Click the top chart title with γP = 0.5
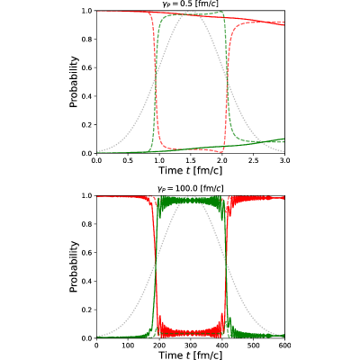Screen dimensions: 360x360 pos(191,4)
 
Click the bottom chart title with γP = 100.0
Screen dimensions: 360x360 pos(191,188)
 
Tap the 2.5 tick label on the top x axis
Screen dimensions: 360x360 pos(254,160)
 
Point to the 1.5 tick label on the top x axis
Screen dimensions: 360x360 pos(191,160)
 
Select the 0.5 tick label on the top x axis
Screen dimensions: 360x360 pos(128,160)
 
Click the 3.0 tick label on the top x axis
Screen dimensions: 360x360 pos(284,160)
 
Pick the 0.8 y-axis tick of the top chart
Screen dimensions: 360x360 pos(87,40)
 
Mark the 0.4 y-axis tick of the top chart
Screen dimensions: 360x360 pos(87,96)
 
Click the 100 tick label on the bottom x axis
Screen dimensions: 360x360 pos(128,346)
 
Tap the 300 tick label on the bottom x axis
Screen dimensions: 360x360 pos(191,346)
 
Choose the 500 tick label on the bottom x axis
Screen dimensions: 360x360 pos(254,346)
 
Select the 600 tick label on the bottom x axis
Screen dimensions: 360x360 pos(284,346)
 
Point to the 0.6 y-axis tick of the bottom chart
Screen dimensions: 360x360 pos(87,253)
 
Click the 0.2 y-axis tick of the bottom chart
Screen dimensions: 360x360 pos(87,310)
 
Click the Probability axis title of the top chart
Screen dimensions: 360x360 pos(74,82)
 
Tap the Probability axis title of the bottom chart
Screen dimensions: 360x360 pos(74,266)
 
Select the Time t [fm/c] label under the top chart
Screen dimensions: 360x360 pos(191,170)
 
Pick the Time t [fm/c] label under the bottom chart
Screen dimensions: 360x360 pos(191,355)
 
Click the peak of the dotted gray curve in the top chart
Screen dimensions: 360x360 pos(191,11)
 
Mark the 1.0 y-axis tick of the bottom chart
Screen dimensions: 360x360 pos(87,195)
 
